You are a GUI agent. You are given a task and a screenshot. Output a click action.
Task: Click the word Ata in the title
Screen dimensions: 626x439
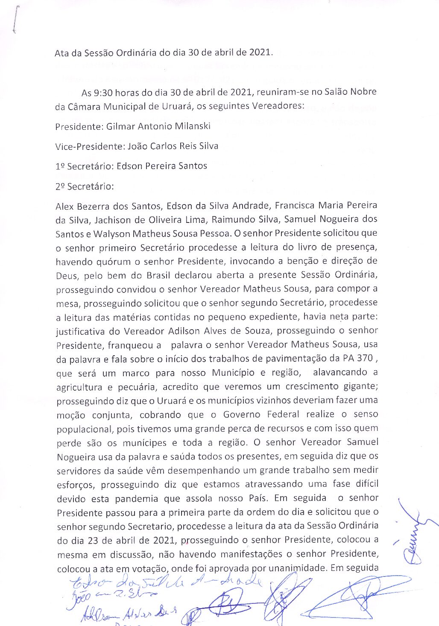(62, 53)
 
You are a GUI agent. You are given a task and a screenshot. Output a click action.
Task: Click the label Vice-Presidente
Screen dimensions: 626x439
(90, 146)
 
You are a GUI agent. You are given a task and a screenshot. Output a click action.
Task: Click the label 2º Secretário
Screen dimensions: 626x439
(85, 187)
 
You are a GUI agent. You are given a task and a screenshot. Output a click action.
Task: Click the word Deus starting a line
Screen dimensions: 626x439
(66, 275)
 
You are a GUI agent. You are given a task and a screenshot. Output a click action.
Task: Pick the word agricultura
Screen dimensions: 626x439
(79, 387)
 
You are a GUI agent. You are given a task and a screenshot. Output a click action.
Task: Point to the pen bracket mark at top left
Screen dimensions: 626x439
(15, 19)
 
